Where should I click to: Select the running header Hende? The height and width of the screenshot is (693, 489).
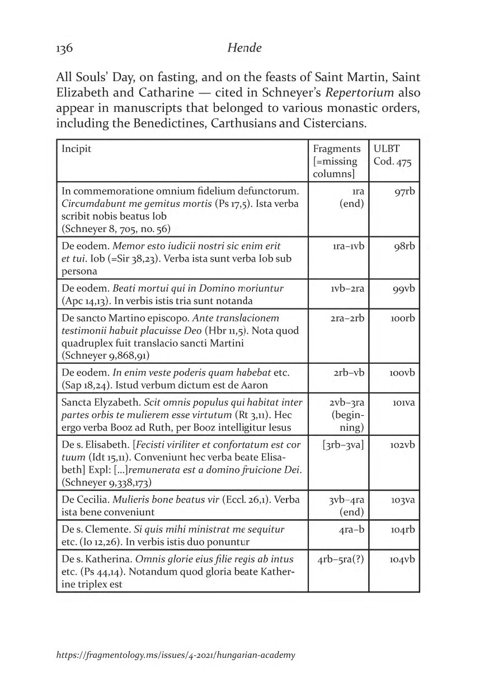click(244, 49)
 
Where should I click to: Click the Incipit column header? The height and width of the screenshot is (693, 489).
click(76, 149)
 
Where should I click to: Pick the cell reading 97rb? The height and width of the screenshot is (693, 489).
click(403, 192)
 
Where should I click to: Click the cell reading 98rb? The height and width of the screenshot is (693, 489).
click(403, 246)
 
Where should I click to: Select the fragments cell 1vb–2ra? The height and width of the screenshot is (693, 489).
click(347, 289)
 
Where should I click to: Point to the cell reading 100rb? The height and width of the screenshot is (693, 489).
click(401, 319)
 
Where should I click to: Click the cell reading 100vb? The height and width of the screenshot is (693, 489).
click(401, 373)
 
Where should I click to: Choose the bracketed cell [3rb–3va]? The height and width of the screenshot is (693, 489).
click(344, 445)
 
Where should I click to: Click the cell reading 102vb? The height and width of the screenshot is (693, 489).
click(402, 445)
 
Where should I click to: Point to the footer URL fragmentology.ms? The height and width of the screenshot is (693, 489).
click(176, 655)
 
